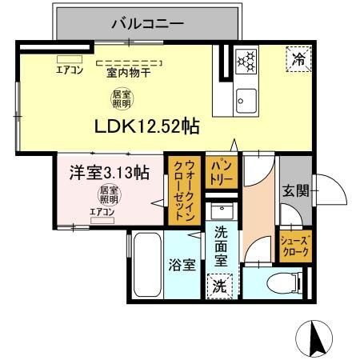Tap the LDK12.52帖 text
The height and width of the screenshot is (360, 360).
pos(147,127)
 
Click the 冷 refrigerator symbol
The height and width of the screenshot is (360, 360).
pos(298,58)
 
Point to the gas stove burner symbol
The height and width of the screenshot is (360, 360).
pos(247,60)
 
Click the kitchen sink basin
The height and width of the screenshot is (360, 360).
pos(246,99)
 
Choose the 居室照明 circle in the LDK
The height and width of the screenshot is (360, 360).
pos(122,99)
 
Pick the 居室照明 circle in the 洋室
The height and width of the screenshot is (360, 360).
pos(109,195)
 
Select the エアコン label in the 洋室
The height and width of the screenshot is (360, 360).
pos(102,212)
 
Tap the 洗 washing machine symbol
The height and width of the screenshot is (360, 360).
pos(219,286)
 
